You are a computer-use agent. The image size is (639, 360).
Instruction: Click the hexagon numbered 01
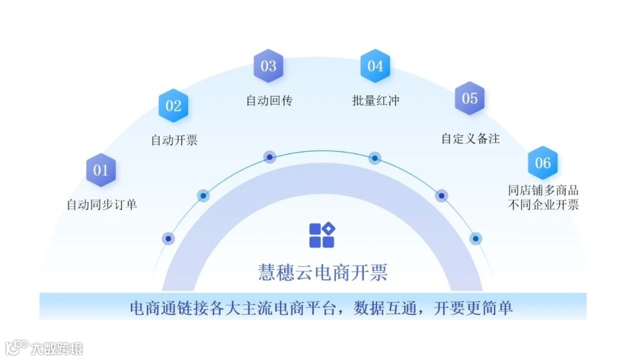pyautogui.click(x=101, y=170)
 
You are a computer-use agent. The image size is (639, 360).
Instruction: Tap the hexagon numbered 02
pyautogui.click(x=173, y=106)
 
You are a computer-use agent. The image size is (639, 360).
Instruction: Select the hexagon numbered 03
pyautogui.click(x=269, y=66)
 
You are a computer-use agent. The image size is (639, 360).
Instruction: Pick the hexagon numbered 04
pyautogui.click(x=375, y=66)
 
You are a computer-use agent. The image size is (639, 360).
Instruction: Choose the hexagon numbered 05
pyautogui.click(x=470, y=98)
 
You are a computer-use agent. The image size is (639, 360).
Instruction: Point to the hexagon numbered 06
pyautogui.click(x=543, y=163)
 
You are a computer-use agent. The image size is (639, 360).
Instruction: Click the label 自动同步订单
pyautogui.click(x=102, y=205)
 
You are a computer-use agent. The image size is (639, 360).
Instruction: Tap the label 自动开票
pyautogui.click(x=174, y=140)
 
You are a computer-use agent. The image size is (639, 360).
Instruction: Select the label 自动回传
pyautogui.click(x=269, y=100)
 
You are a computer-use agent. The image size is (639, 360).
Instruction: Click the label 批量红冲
pyautogui.click(x=376, y=100)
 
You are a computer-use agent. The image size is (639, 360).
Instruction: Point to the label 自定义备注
pyautogui.click(x=470, y=139)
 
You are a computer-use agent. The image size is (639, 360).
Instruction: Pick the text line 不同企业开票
pyautogui.click(x=543, y=205)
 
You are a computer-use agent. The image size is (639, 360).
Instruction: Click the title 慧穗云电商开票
pyautogui.click(x=322, y=272)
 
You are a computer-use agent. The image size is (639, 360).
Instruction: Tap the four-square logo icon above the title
pyautogui.click(x=322, y=235)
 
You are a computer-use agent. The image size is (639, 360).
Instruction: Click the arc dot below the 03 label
pyautogui.click(x=270, y=157)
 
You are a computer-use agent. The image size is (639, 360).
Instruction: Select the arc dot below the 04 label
pyautogui.click(x=375, y=157)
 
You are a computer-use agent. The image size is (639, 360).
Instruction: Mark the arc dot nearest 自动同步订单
pyautogui.click(x=169, y=239)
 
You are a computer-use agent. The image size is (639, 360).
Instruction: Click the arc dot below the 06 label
pyautogui.click(x=475, y=239)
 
